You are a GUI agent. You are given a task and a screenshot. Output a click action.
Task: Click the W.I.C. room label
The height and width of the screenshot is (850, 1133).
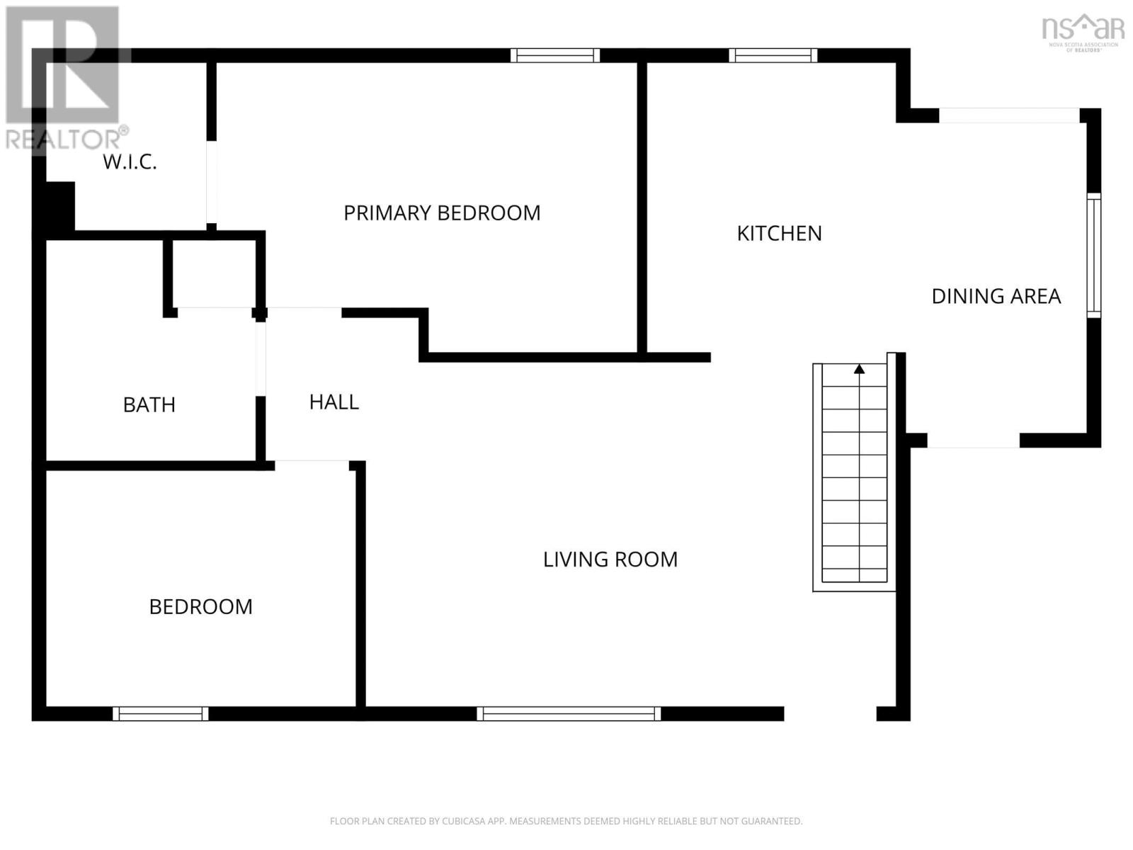(x=130, y=162)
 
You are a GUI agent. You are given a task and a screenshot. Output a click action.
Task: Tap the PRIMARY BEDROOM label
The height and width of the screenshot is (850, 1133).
(x=442, y=213)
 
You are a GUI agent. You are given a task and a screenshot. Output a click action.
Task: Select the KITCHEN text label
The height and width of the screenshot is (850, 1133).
(x=779, y=234)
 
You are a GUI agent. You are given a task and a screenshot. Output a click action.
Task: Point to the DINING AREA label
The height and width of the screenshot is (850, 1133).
(x=996, y=296)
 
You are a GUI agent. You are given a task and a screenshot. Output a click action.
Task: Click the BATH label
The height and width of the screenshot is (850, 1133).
(x=149, y=405)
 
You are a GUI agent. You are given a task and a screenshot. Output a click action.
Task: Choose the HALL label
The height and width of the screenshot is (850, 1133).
(x=334, y=402)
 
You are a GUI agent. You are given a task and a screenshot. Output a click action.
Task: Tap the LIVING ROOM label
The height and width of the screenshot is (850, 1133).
(x=610, y=560)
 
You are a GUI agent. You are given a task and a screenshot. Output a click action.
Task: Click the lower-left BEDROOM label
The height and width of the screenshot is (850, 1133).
(x=200, y=607)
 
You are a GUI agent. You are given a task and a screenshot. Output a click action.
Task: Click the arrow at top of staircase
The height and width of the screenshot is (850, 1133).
(x=859, y=369)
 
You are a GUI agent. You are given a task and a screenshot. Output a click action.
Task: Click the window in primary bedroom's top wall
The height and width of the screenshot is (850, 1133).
(x=555, y=55)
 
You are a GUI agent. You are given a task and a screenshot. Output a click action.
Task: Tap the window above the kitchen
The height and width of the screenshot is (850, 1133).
(x=773, y=55)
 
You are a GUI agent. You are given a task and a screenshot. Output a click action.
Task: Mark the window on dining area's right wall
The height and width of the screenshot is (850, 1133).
(x=1093, y=255)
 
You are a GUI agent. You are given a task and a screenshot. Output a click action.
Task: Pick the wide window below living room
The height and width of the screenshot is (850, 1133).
(x=569, y=713)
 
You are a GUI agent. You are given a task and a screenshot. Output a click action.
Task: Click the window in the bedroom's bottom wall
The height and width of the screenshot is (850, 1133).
(x=160, y=713)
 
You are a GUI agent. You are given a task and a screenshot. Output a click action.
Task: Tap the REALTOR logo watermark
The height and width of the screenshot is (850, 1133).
(x=65, y=78)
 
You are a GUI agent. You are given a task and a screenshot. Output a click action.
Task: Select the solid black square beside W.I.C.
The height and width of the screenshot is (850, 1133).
(x=59, y=205)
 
